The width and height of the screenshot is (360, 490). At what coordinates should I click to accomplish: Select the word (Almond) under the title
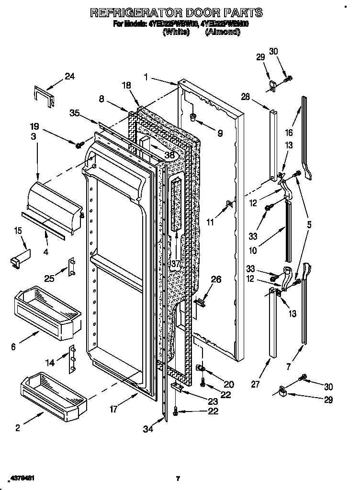[223, 32]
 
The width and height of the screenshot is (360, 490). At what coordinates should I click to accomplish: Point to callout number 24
[70, 76]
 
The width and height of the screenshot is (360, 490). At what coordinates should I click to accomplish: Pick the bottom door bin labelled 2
[52, 393]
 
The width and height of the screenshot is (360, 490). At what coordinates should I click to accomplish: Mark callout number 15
[18, 231]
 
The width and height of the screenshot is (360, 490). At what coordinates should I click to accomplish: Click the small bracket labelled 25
[72, 266]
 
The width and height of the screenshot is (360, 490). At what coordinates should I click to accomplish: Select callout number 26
[216, 279]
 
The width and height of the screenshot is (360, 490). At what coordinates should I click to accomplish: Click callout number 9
[220, 134]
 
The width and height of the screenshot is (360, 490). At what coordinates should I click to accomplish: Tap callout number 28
[246, 97]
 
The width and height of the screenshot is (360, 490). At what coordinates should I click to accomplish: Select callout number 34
[148, 429]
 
